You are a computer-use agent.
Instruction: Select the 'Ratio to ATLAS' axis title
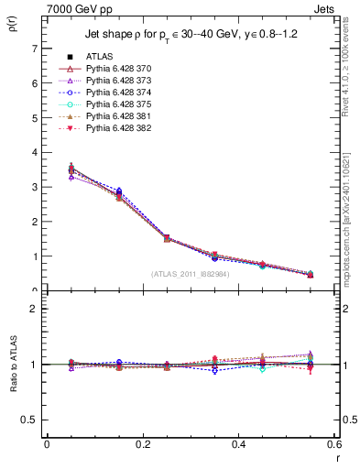click(12, 364)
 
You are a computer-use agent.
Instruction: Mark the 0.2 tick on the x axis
click(142, 444)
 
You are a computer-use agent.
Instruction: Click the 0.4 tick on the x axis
click(238, 444)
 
